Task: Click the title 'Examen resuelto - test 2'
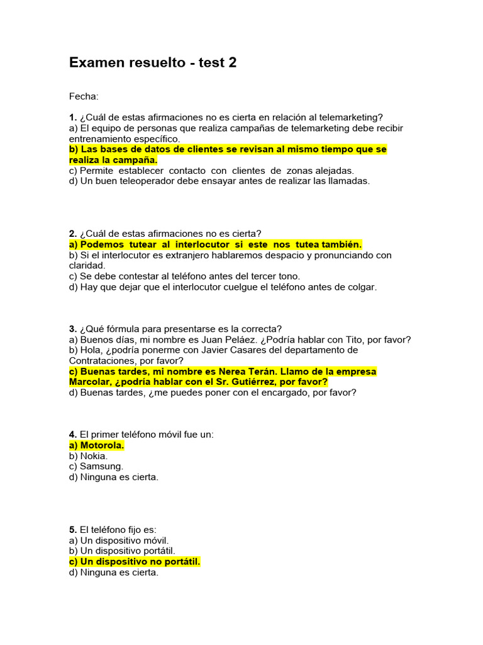[153, 62]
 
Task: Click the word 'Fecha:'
[84, 96]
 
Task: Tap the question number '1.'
[73, 117]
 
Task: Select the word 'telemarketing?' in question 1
[352, 117]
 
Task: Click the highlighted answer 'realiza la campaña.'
[113, 160]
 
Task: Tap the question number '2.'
[73, 234]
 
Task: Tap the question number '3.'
[73, 329]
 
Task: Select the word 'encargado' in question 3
[287, 392]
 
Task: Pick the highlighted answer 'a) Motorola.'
[97, 445]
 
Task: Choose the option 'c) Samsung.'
[96, 467]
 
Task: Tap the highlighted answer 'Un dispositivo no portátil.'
[140, 562]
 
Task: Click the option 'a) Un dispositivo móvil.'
[119, 540]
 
